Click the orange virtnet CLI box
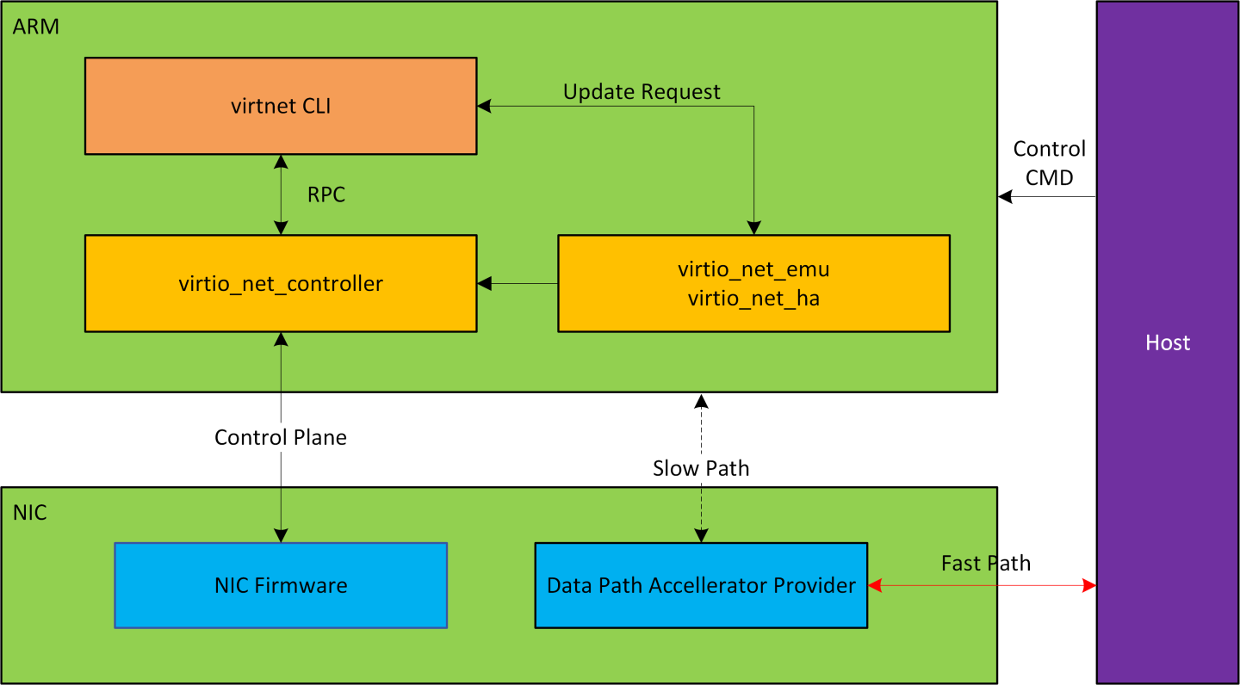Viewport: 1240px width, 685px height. [x=281, y=106]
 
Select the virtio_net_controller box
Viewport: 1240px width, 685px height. [x=281, y=283]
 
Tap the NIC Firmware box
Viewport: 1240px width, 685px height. [x=281, y=585]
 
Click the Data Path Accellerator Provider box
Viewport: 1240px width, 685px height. [x=701, y=585]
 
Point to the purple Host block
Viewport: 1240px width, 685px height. [x=1167, y=342]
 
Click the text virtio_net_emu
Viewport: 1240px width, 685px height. [x=753, y=269]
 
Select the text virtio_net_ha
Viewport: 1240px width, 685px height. [x=753, y=299]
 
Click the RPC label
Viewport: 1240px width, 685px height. [x=326, y=195]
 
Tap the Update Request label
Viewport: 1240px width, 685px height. [x=642, y=91]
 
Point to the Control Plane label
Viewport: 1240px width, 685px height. [x=281, y=437]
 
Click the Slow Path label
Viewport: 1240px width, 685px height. [x=701, y=468]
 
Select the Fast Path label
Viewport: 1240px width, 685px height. [x=985, y=564]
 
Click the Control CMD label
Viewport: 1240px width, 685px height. [x=1049, y=161]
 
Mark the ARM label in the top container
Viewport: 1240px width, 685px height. [x=36, y=27]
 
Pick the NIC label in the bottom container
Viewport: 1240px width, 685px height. [x=30, y=514]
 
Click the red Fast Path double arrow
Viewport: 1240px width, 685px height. [x=982, y=585]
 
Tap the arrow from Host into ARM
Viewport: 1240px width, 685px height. [x=1046, y=197]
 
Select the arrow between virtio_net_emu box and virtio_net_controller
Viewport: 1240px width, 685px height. [x=518, y=283]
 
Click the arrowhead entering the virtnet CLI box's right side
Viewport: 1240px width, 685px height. [x=484, y=106]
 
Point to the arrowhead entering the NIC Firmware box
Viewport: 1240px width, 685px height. [x=281, y=535]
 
